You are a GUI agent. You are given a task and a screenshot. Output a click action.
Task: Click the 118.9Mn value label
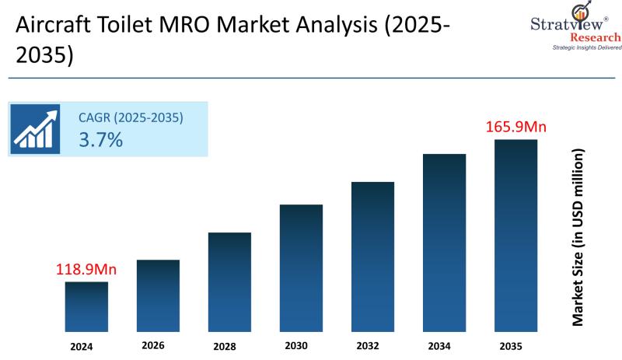click(x=86, y=270)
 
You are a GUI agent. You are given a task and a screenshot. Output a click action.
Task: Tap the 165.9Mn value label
click(x=516, y=126)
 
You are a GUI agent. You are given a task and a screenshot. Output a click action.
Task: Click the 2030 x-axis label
click(x=296, y=345)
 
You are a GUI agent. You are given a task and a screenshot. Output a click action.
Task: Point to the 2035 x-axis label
click(x=510, y=345)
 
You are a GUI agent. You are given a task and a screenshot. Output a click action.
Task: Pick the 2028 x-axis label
click(x=225, y=346)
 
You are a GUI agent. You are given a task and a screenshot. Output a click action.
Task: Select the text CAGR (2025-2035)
click(x=131, y=118)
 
